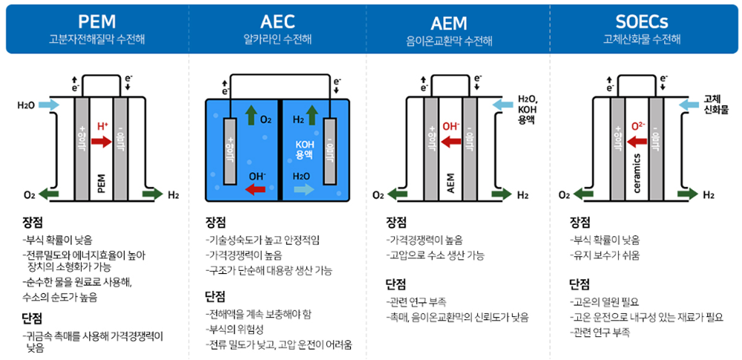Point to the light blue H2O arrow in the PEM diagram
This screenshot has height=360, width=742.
click(48, 105)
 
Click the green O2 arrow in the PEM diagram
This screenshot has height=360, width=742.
click(50, 194)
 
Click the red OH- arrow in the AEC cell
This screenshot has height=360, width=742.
click(255, 190)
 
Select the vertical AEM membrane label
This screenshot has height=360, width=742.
click(451, 183)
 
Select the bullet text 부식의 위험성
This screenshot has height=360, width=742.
click(237, 329)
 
